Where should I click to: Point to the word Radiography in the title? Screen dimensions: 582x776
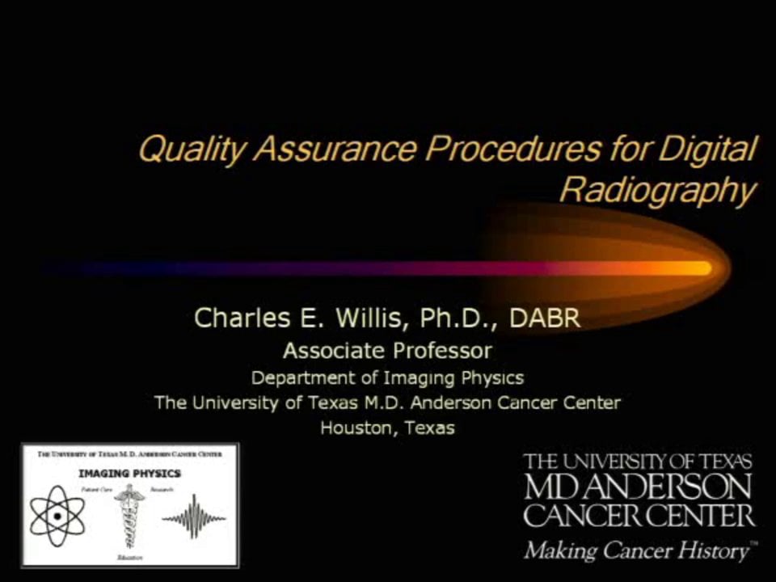[x=656, y=191]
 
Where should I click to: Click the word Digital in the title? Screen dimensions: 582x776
[x=706, y=150]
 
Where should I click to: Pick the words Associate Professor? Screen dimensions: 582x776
[x=386, y=351]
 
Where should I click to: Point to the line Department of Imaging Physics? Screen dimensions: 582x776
[x=387, y=377]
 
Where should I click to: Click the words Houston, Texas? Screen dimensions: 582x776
[x=387, y=428]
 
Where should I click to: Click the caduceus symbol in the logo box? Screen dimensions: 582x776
[x=129, y=517]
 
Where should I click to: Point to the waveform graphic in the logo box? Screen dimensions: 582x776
[x=194, y=517]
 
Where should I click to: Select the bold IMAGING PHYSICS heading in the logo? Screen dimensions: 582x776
[x=129, y=473]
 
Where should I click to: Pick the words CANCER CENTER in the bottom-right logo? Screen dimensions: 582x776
[x=638, y=515]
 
